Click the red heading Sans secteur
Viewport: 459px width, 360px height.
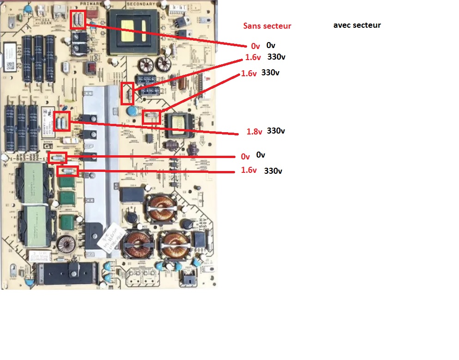pos(267,26)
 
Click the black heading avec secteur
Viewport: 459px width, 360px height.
pos(357,25)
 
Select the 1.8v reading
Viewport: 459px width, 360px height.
pos(254,132)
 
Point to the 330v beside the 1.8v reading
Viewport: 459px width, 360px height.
pos(276,131)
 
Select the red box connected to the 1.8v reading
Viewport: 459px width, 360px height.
pos(62,121)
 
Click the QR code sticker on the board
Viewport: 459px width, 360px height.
pos(9,65)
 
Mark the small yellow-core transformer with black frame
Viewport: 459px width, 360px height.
pos(181,125)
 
